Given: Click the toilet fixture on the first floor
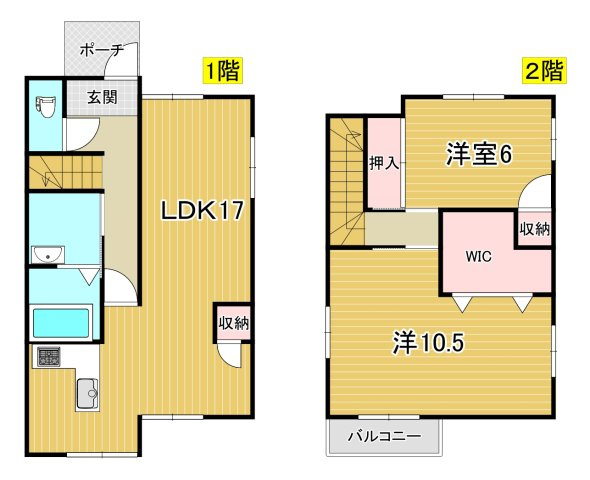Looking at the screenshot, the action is point(46,106).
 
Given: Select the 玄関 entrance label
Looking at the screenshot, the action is point(103,97).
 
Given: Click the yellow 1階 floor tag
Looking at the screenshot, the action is point(223,70).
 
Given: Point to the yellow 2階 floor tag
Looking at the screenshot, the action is point(545,70).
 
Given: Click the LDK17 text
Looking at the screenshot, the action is point(202,210).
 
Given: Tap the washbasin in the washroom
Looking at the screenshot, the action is point(48,255).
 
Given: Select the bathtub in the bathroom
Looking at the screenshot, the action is point(61,323).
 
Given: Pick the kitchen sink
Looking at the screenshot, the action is point(88,393).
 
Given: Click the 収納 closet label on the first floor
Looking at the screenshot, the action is point(234,323).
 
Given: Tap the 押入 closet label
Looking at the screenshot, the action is point(383,163).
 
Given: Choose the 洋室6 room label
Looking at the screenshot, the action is point(479,155).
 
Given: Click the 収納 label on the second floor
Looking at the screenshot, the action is point(535,229).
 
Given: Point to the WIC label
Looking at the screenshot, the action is point(478,257).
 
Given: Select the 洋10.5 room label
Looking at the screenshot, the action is point(428,343).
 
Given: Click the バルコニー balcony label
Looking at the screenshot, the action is point(384,437).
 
